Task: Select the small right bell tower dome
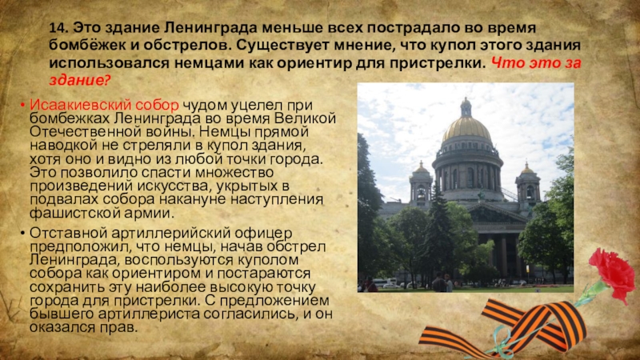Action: tap(526, 172)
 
